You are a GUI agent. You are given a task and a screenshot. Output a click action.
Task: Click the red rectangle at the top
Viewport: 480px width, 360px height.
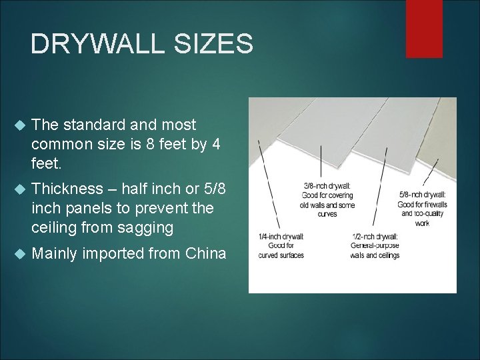(x=424, y=28)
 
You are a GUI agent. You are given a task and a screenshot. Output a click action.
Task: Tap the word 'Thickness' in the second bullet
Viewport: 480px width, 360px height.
(x=72, y=189)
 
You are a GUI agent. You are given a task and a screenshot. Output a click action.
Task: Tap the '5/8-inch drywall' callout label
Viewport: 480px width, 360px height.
(x=423, y=195)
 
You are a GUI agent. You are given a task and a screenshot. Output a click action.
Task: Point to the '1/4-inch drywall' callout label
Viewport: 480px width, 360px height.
(x=281, y=236)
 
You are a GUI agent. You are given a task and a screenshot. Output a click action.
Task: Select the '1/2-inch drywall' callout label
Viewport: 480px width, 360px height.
(x=375, y=236)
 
